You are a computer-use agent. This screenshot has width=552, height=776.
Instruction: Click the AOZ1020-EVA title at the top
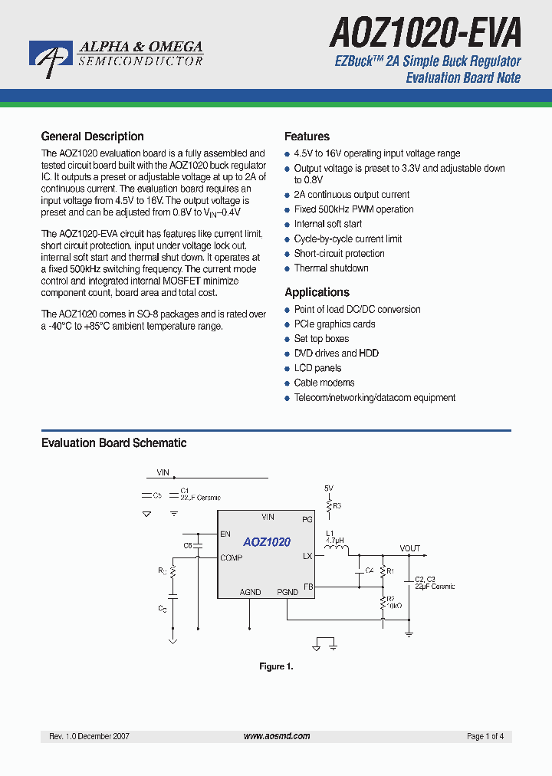[426, 34]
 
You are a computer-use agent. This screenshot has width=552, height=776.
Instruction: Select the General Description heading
[92, 136]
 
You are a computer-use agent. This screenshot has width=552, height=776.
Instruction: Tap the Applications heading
[317, 292]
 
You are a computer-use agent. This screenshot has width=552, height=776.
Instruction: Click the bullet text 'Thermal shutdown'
[331, 268]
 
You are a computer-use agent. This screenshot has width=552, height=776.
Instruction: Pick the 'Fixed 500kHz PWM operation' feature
[353, 209]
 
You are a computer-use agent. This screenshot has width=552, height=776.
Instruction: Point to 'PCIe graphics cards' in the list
[334, 324]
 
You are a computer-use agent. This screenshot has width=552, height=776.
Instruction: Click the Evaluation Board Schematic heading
[113, 443]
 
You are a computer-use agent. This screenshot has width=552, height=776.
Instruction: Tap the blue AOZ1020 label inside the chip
[267, 542]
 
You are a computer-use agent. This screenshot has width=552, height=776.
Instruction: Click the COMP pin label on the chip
[231, 557]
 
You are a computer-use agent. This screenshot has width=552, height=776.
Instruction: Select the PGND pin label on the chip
[287, 592]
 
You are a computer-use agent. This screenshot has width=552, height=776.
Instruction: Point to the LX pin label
[307, 556]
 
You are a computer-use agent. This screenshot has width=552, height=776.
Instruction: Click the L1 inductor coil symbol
[336, 550]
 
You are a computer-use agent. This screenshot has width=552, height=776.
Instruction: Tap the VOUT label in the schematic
[409, 548]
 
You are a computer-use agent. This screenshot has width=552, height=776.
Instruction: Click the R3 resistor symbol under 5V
[328, 505]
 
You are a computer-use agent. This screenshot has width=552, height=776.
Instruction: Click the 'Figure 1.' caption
[276, 666]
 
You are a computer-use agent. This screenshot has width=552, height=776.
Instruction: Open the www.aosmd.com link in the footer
[277, 736]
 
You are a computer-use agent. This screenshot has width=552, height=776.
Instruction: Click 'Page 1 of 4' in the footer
[485, 736]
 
